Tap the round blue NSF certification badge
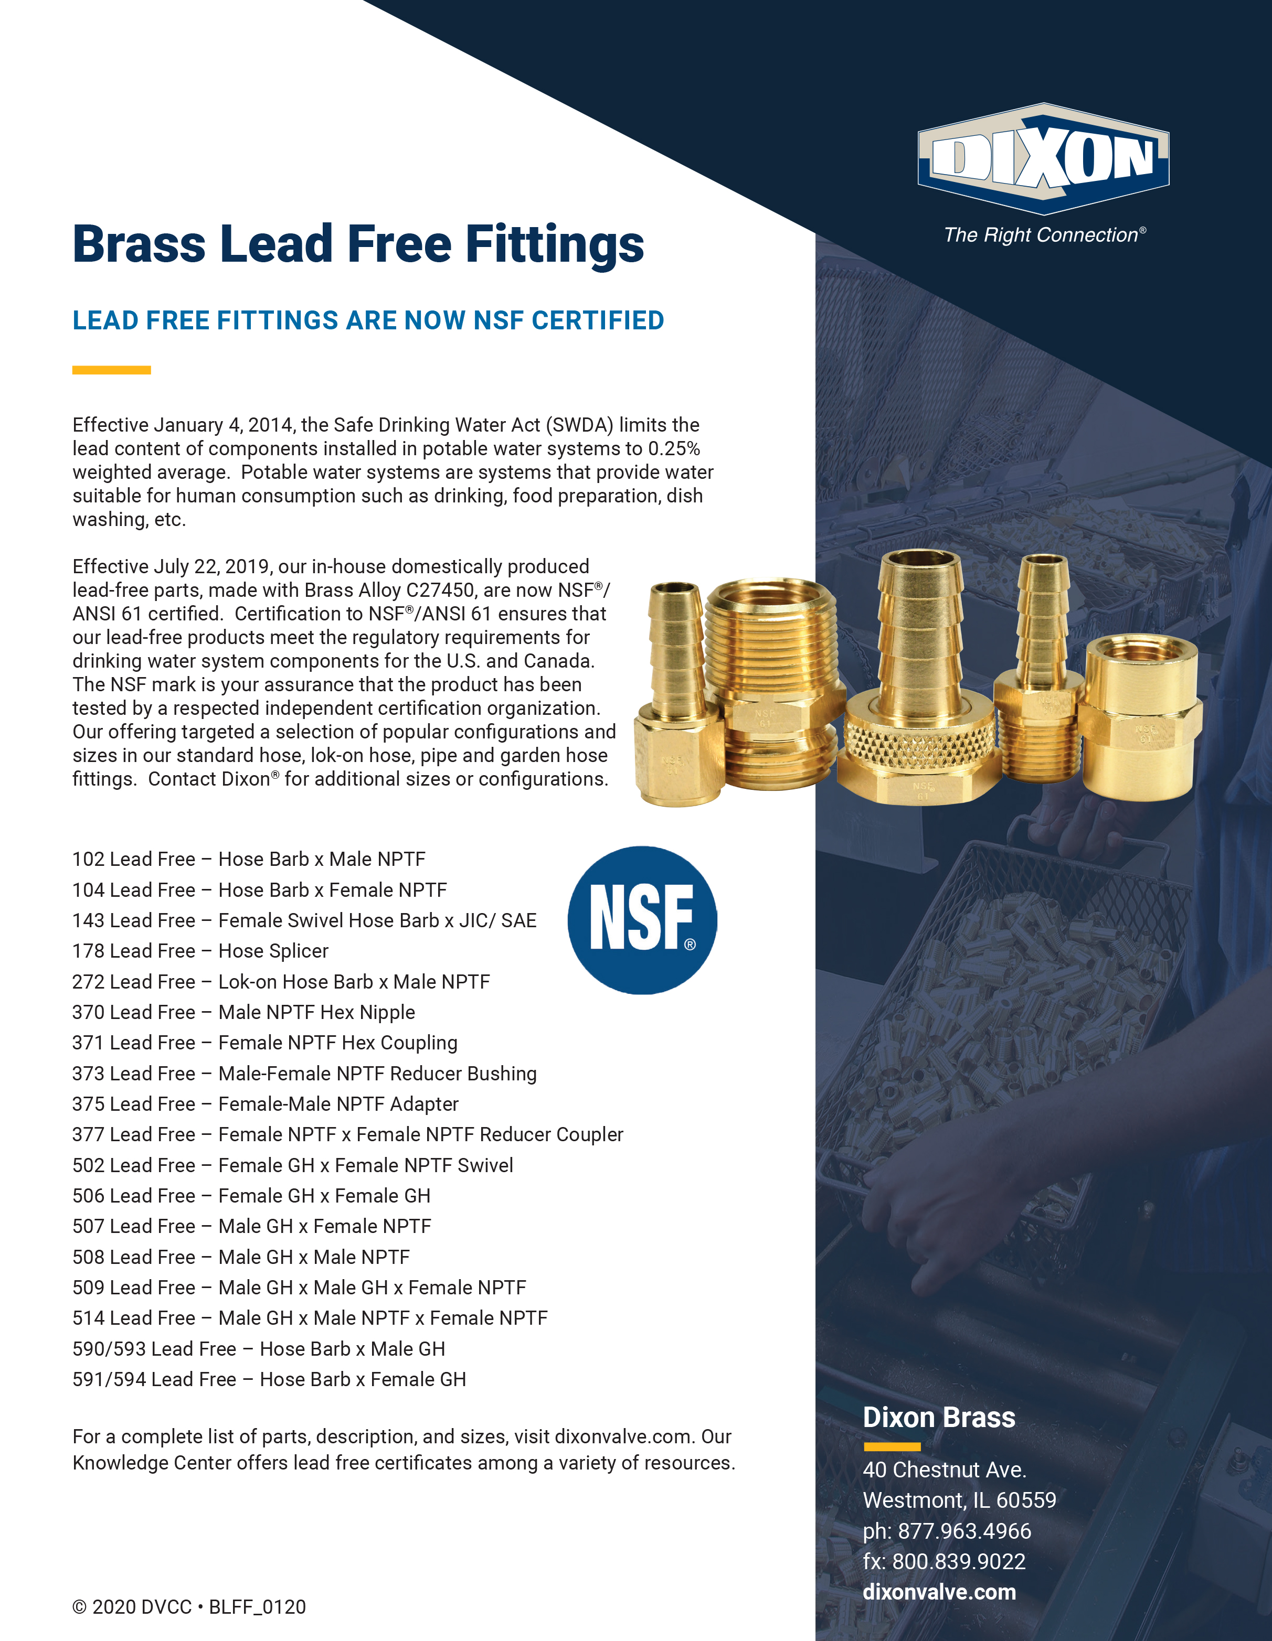click(642, 920)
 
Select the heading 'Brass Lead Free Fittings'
click(358, 244)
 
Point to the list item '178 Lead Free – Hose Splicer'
click(200, 951)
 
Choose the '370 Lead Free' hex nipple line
click(243, 1012)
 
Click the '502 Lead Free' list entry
click(292, 1165)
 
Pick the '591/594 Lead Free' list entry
click(268, 1379)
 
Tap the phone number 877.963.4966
click(964, 1530)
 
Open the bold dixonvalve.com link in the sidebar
click(939, 1592)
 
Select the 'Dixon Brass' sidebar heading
click(939, 1417)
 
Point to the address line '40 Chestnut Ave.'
click(944, 1470)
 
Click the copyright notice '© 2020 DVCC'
click(132, 1607)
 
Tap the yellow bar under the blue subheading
click(111, 370)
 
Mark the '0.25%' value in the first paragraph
click(674, 448)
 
